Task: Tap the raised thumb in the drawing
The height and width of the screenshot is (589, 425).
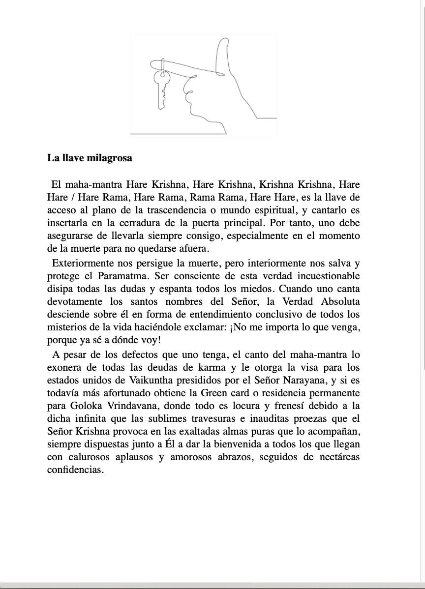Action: point(223,54)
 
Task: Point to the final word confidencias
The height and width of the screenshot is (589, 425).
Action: point(75,470)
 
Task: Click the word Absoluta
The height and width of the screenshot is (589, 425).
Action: point(340,301)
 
